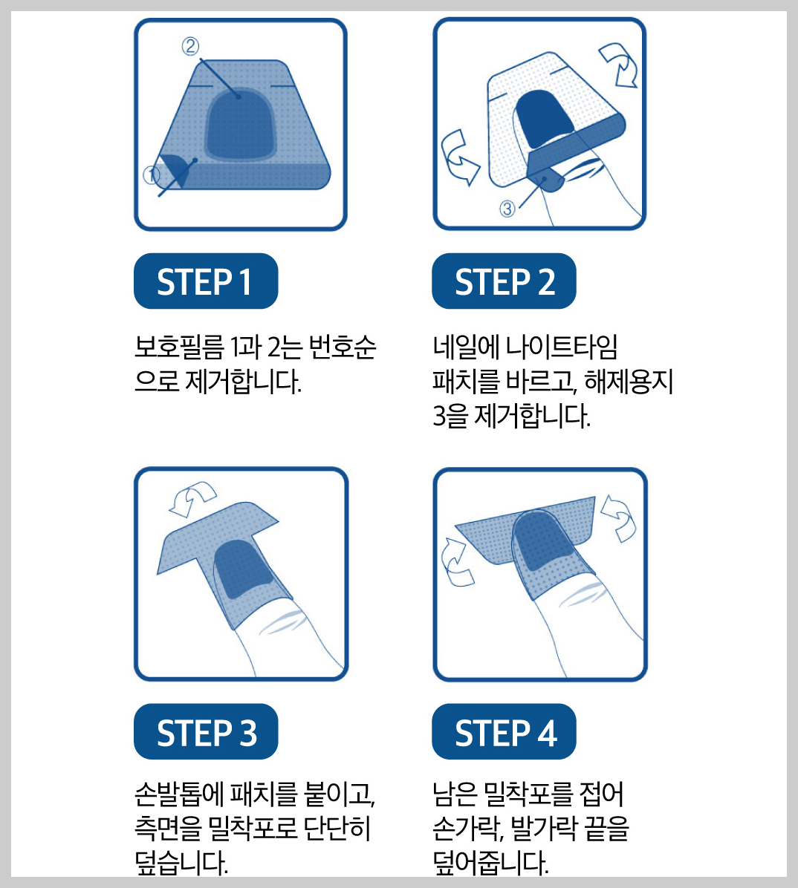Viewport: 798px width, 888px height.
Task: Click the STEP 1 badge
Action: click(x=205, y=281)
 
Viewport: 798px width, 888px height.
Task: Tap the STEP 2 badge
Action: click(x=504, y=281)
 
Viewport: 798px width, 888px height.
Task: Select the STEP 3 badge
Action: click(x=206, y=732)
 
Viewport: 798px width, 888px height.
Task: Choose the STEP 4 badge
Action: click(x=504, y=732)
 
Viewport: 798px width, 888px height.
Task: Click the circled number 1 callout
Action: click(x=151, y=175)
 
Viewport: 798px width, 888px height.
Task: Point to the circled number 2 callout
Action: click(x=190, y=47)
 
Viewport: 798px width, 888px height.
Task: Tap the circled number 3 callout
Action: click(x=507, y=209)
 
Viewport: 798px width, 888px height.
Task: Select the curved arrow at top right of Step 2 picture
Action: click(x=620, y=65)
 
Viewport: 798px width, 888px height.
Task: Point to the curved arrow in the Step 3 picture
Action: click(x=192, y=498)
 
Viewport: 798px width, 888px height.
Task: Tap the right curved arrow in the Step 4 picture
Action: click(x=618, y=517)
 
